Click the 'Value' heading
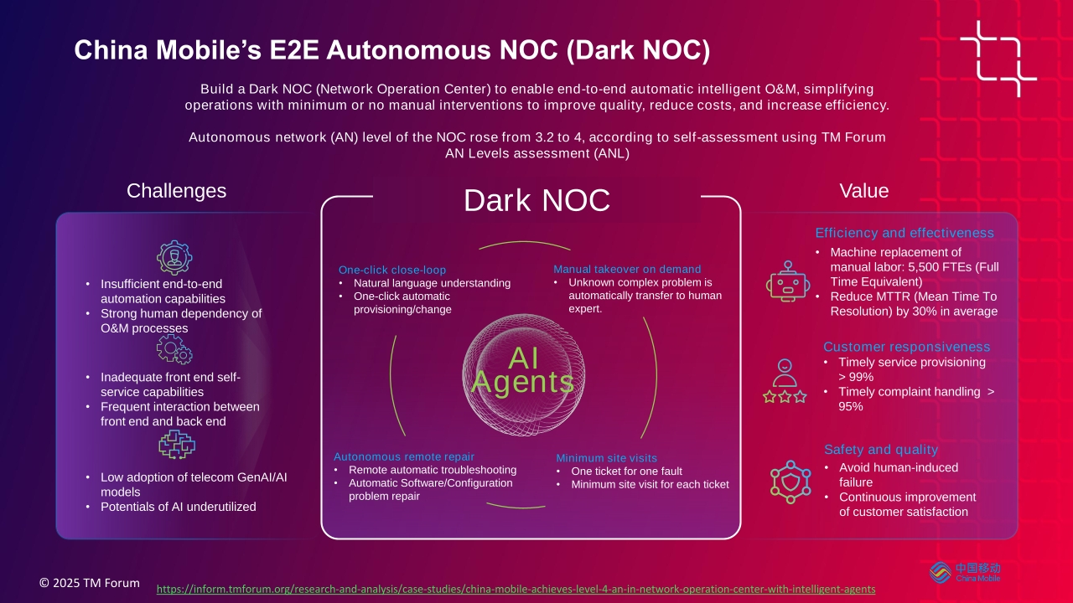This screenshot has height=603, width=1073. click(x=864, y=191)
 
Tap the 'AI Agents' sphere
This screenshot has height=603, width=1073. click(x=523, y=374)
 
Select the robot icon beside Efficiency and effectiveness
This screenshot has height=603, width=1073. click(x=788, y=281)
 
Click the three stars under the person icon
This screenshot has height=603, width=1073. click(x=785, y=397)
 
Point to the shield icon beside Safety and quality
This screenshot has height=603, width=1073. click(x=790, y=482)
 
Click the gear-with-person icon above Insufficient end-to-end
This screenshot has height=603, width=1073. click(x=174, y=257)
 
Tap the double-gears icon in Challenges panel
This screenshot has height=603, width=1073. click(x=174, y=349)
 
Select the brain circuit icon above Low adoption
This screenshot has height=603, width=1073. click(x=177, y=445)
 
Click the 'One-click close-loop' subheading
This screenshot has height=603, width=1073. click(x=392, y=270)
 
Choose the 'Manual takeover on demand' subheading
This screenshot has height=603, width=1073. click(x=627, y=270)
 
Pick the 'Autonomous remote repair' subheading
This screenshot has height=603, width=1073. click(x=404, y=456)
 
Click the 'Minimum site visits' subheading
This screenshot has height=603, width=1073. click(x=606, y=458)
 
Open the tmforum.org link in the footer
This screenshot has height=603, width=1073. click(x=516, y=589)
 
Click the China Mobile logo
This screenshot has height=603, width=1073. click(x=965, y=572)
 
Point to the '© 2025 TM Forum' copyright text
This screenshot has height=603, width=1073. click(x=90, y=583)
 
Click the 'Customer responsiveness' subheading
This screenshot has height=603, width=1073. click(x=907, y=347)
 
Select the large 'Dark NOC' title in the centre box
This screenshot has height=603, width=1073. click(x=536, y=200)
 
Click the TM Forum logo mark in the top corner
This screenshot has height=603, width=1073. click(x=998, y=59)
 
